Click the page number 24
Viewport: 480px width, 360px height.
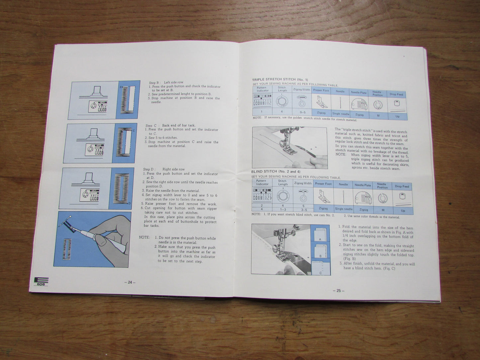pyautogui.click(x=130, y=282)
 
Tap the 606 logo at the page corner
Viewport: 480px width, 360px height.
pyautogui.click(x=41, y=282)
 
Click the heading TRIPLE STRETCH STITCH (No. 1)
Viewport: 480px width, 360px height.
pyautogui.click(x=280, y=80)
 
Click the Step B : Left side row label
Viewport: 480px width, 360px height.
pyautogui.click(x=166, y=82)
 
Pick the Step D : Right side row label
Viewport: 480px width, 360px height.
pyautogui.click(x=164, y=169)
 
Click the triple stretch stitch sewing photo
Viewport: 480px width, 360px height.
pyautogui.click(x=290, y=147)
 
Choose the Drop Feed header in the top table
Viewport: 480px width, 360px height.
pyautogui.click(x=396, y=95)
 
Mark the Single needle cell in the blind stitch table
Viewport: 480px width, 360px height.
pyautogui.click(x=343, y=209)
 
